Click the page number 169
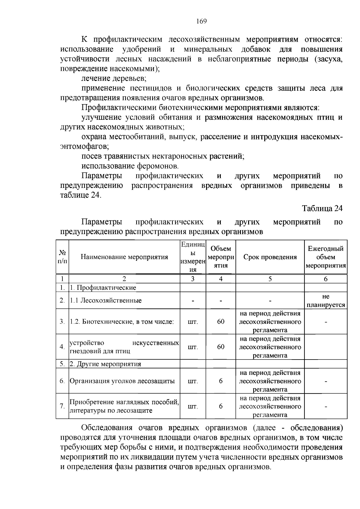(201, 21)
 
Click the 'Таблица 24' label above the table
(322, 208)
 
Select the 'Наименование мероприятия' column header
(124, 257)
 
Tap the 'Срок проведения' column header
(270, 257)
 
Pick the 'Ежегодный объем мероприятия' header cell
(325, 257)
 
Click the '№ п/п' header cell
(62, 257)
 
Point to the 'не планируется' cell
(325, 301)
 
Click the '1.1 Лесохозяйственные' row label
(106, 301)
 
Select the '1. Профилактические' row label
(103, 288)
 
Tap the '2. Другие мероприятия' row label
(105, 364)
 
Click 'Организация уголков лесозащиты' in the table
(122, 381)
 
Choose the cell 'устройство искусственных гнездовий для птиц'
(124, 347)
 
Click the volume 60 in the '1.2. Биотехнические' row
(220, 322)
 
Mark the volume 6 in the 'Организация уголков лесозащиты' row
(220, 381)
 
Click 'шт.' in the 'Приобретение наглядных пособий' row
(193, 407)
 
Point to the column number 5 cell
(270, 279)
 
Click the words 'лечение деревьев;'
(114, 79)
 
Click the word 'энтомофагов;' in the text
(84, 147)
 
